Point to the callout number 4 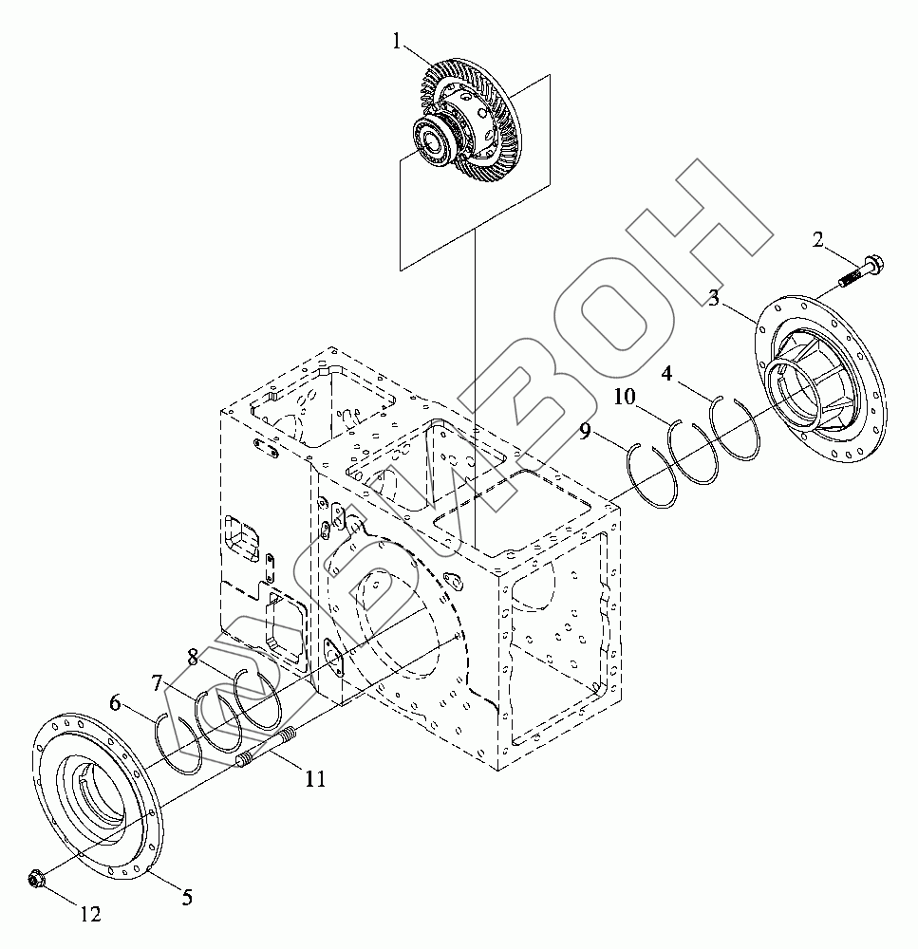coord(668,374)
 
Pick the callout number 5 coord(187,895)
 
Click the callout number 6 coord(115,703)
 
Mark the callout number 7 coord(159,681)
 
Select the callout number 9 coord(586,432)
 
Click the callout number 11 coord(315,779)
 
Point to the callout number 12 coord(89,915)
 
